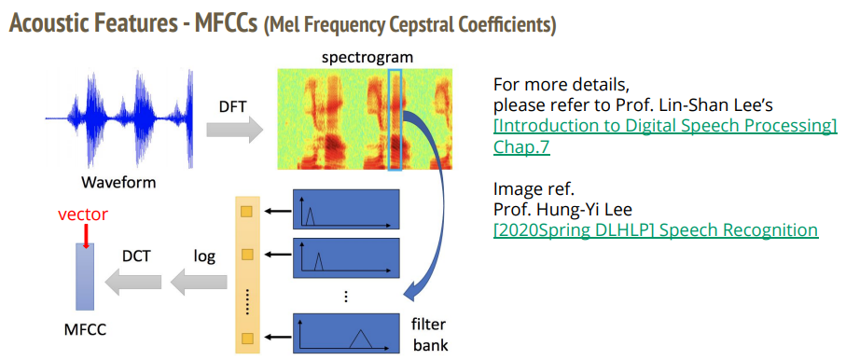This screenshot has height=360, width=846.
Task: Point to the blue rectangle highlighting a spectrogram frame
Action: [395, 119]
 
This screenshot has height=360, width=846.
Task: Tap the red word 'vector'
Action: [82, 214]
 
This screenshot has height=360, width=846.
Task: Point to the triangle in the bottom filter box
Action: [358, 340]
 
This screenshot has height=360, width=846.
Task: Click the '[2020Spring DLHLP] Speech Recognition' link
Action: [656, 229]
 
